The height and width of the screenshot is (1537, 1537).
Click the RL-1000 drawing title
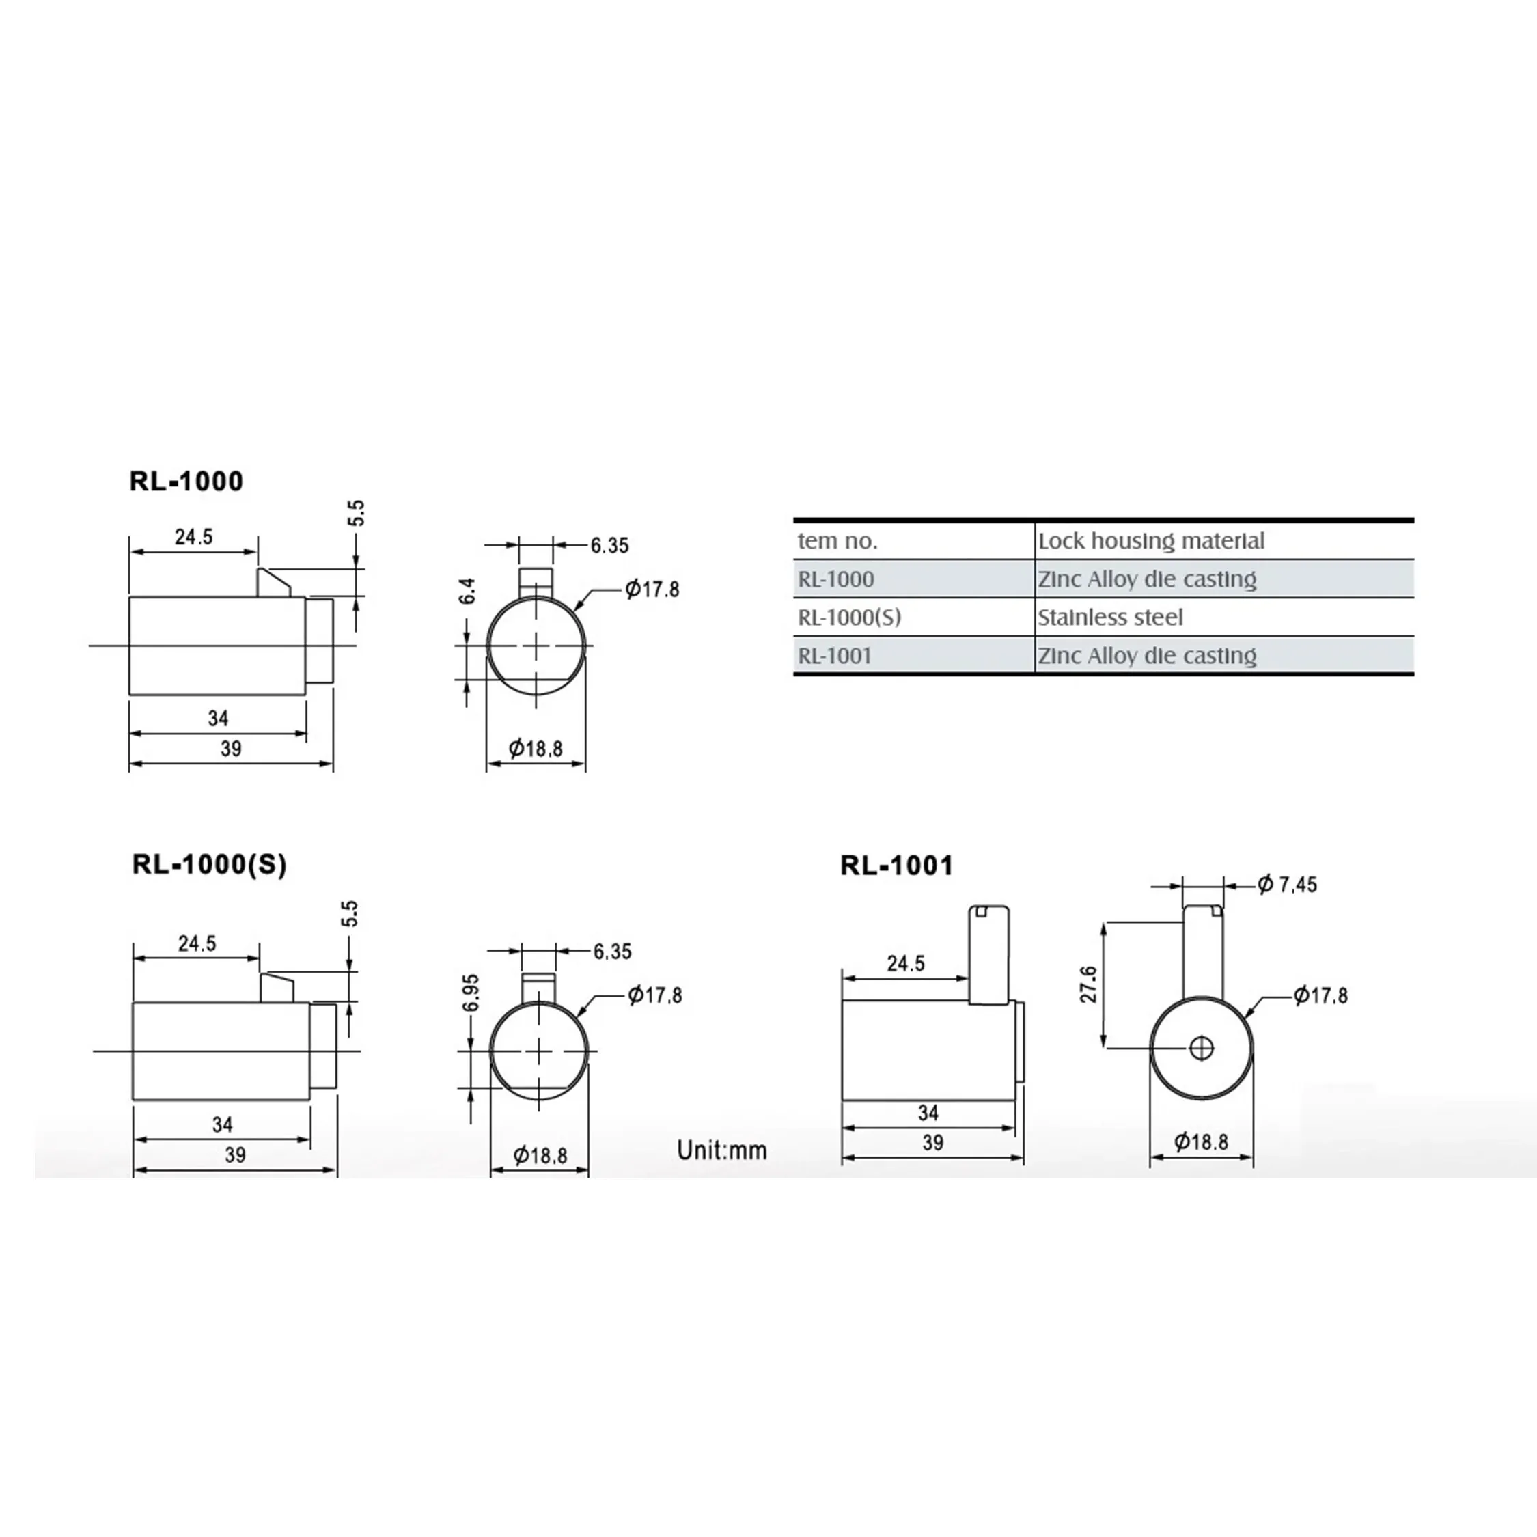tap(186, 482)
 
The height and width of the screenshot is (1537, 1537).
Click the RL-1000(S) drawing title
tap(209, 865)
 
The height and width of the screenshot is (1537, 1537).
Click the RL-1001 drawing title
tap(896, 866)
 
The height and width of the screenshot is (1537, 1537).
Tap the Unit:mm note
tap(721, 1150)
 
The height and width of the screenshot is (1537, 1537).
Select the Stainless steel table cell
tap(1110, 618)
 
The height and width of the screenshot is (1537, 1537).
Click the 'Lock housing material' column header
tap(1150, 541)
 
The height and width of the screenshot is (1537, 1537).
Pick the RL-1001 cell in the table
tap(835, 656)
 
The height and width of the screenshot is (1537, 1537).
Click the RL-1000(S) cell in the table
tap(849, 618)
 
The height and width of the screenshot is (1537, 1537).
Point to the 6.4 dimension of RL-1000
tap(468, 591)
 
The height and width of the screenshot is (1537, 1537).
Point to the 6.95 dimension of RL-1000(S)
tap(471, 993)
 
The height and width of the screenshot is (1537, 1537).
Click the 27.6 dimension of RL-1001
tap(1088, 984)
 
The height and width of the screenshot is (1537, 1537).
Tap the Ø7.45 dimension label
tap(1287, 885)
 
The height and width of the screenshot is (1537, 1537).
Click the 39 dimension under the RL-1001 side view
tap(932, 1144)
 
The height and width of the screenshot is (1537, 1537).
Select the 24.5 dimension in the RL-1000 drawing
tap(194, 537)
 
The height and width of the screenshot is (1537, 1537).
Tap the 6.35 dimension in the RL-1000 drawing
tap(609, 546)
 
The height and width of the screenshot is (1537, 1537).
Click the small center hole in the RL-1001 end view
tap(1202, 1049)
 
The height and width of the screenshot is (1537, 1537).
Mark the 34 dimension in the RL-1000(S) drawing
tap(222, 1124)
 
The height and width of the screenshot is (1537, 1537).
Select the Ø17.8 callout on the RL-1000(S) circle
tap(654, 995)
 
